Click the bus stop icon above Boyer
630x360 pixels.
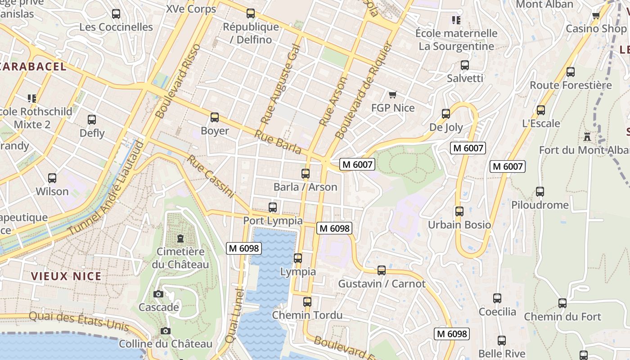click(215, 117)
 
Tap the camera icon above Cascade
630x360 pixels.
click(158, 294)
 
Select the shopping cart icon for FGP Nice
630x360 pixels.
click(393, 94)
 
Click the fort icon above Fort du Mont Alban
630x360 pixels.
click(587, 136)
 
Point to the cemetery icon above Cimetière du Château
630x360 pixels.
click(180, 238)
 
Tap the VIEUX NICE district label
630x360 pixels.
click(66, 276)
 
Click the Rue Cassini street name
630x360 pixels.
click(211, 177)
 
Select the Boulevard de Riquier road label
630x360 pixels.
click(364, 90)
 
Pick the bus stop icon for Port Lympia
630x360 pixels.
click(273, 207)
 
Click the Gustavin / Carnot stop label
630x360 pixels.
click(382, 284)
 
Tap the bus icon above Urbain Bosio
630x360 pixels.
click(459, 211)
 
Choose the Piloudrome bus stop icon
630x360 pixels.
click(540, 192)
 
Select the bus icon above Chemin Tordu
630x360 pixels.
click(307, 302)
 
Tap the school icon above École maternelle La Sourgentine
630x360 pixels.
click(456, 20)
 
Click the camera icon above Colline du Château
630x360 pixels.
click(166, 331)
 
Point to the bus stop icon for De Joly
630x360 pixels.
click(446, 114)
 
